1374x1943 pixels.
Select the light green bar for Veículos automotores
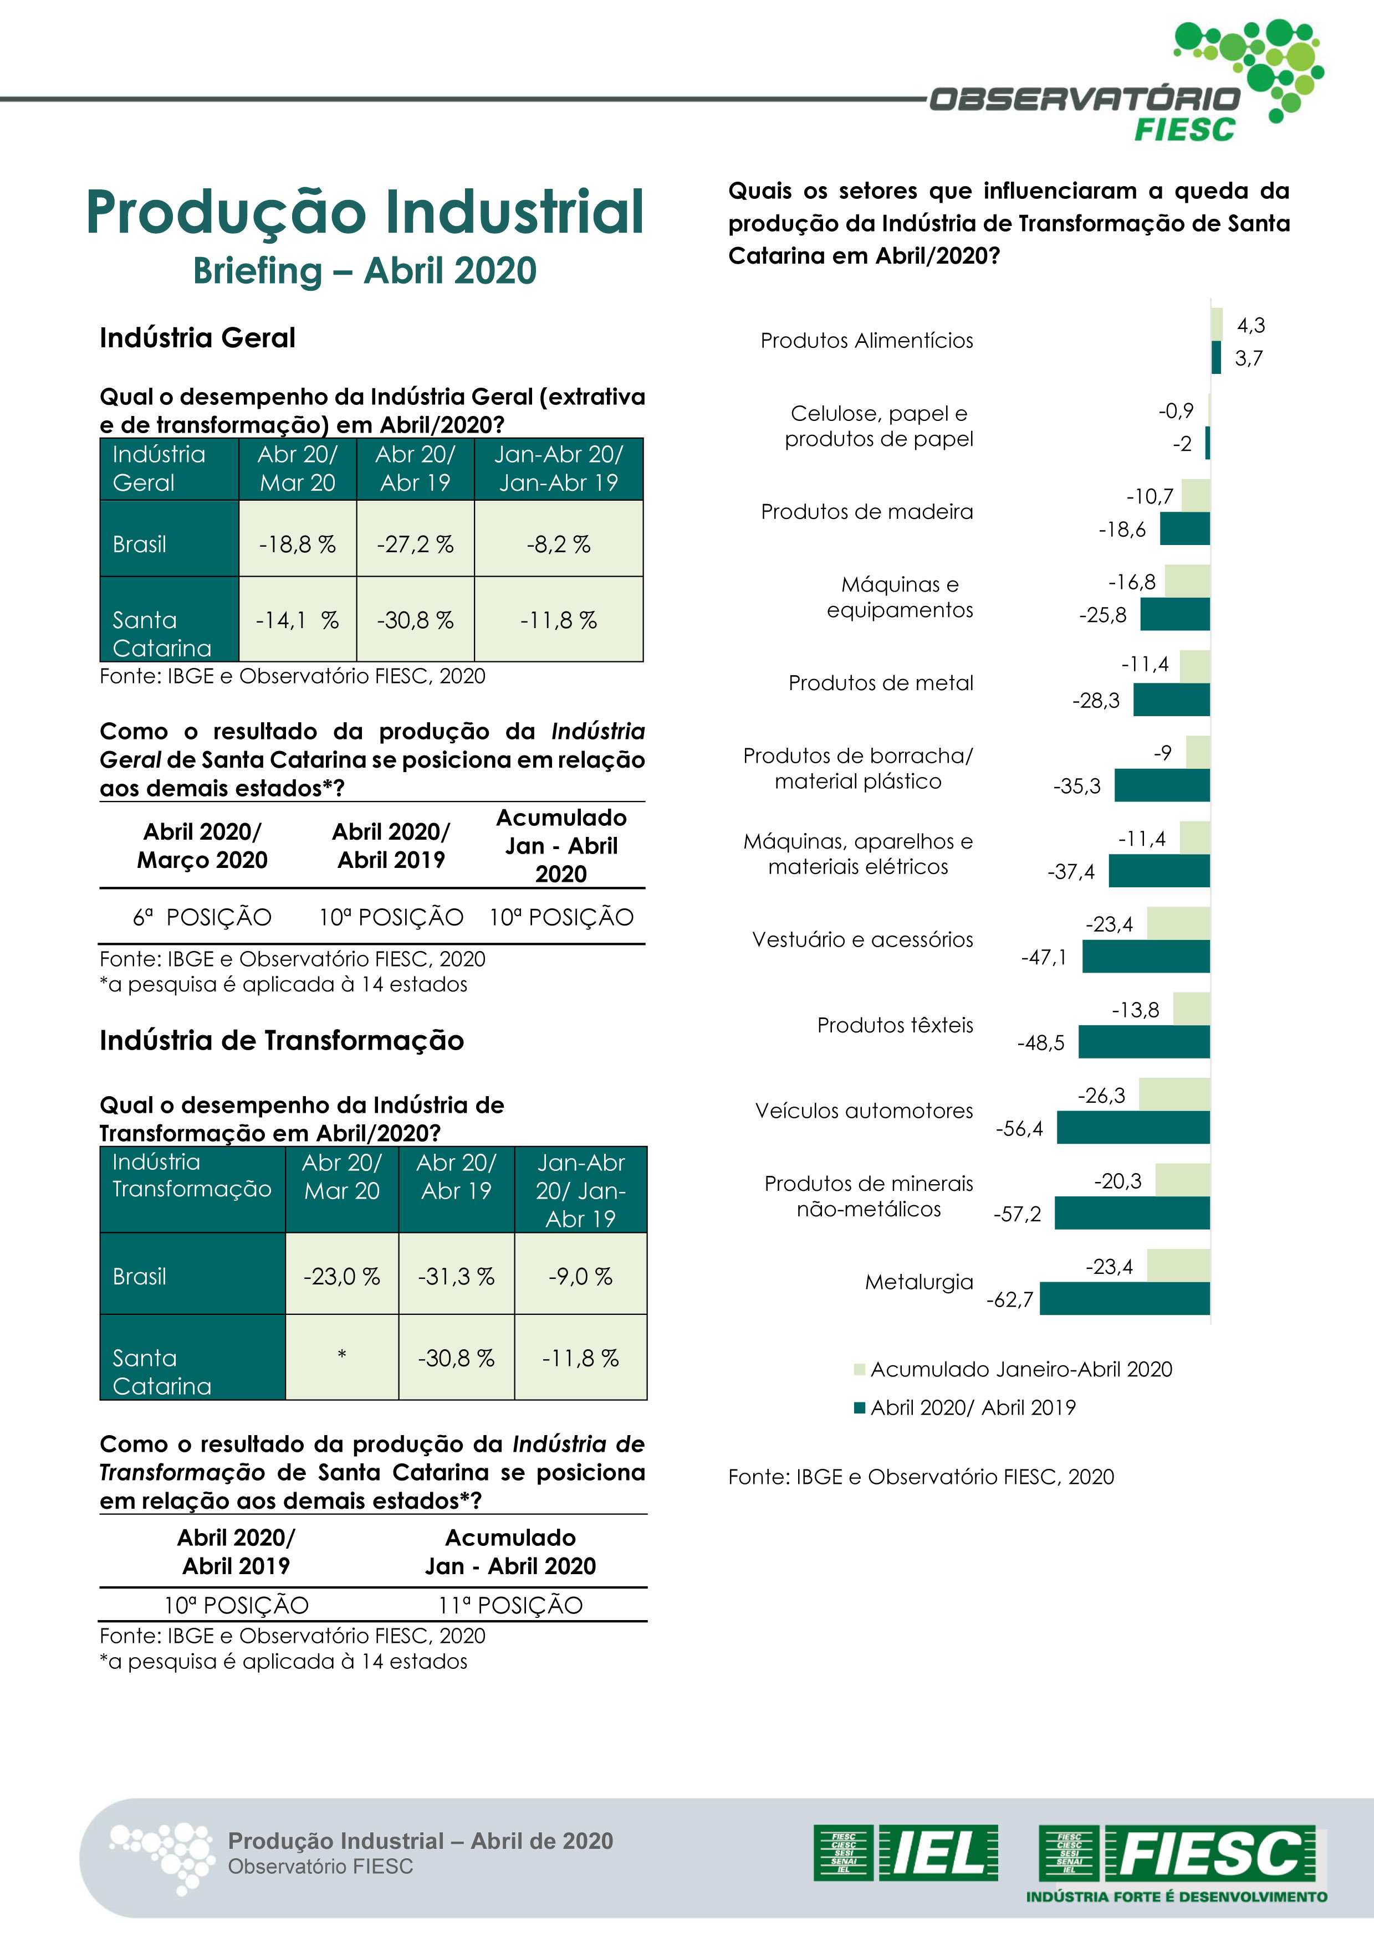[1174, 1094]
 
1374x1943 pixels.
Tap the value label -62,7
[1010, 1300]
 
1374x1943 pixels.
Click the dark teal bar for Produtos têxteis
[1144, 1042]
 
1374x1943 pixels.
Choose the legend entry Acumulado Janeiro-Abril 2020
[1020, 1369]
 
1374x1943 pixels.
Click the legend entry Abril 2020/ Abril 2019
[972, 1407]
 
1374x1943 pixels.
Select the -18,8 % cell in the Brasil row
[297, 544]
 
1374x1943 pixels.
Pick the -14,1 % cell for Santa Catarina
[297, 620]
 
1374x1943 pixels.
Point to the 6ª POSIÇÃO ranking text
[202, 917]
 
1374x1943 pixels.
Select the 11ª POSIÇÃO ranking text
[510, 1605]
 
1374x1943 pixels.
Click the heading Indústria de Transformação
[282, 1041]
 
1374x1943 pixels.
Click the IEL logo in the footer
[906, 1853]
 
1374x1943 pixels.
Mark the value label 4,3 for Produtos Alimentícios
[1250, 325]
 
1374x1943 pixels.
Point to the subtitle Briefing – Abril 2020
[365, 271]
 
